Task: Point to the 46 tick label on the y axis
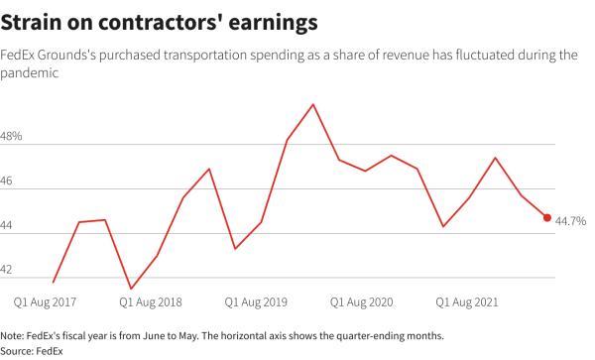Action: (9, 180)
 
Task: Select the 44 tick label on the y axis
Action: (9, 226)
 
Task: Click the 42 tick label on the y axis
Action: (9, 270)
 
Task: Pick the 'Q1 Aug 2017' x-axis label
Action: (46, 300)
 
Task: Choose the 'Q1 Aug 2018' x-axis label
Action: (151, 300)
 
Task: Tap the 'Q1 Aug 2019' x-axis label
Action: (257, 300)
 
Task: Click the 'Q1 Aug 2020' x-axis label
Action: (362, 300)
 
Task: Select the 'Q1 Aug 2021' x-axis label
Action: (468, 300)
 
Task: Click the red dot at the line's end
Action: (547, 218)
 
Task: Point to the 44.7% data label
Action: (571, 220)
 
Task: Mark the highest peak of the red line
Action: (313, 104)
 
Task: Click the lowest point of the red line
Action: (131, 289)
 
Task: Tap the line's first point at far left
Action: (54, 283)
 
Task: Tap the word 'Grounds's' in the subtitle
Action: (77, 55)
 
